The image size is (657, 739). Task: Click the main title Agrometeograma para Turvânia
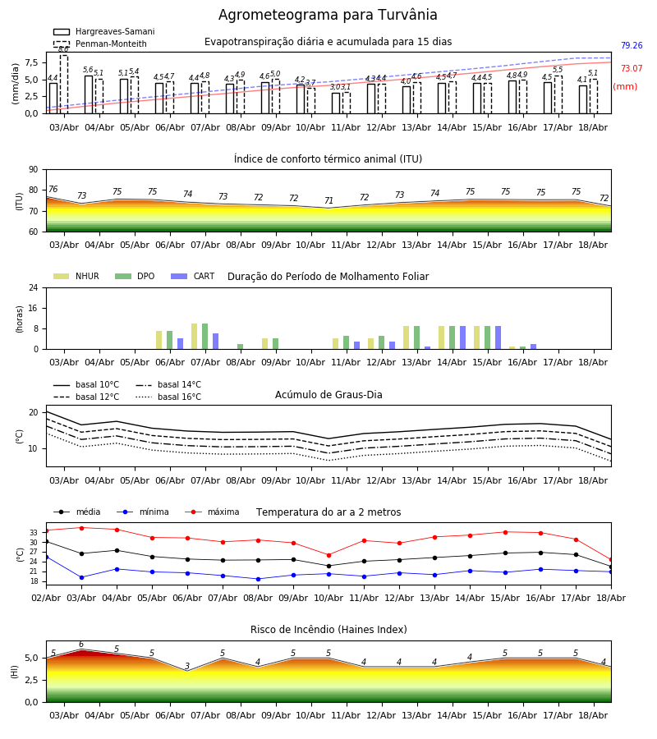[x=328, y=15]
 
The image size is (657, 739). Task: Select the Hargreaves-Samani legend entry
[x=103, y=31]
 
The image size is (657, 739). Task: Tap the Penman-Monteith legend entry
[x=100, y=44]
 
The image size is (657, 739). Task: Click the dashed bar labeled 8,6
[x=63, y=85]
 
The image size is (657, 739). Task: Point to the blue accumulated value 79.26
[x=632, y=45]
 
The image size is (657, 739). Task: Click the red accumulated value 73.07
[x=632, y=68]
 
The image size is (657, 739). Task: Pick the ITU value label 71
[x=329, y=200]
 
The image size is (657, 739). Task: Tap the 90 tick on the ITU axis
[x=34, y=170]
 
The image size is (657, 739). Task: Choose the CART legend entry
[x=192, y=276]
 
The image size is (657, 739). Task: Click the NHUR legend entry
[x=76, y=276]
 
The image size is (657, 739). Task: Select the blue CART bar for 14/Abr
[x=463, y=337]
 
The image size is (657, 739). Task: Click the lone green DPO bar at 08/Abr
[x=241, y=347]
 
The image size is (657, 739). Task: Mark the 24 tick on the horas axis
[x=34, y=288]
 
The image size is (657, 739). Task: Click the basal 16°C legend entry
[x=168, y=397]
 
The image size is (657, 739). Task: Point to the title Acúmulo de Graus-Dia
[x=328, y=394]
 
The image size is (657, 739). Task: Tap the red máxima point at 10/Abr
[x=329, y=555]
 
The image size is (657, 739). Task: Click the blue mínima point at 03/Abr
[x=81, y=577]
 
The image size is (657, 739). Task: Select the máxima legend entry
[x=212, y=512]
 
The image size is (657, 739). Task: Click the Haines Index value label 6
[x=81, y=645]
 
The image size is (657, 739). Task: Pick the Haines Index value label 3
[x=187, y=666]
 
